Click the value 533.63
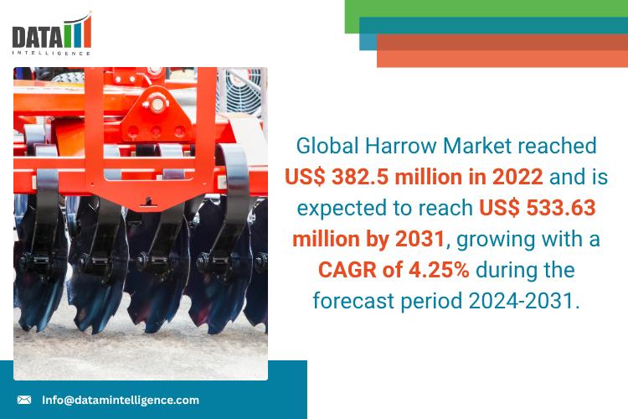564,208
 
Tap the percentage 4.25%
450,270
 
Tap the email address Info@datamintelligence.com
121,400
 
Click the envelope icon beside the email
24,400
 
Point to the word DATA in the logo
35,36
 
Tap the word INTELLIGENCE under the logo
50,52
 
